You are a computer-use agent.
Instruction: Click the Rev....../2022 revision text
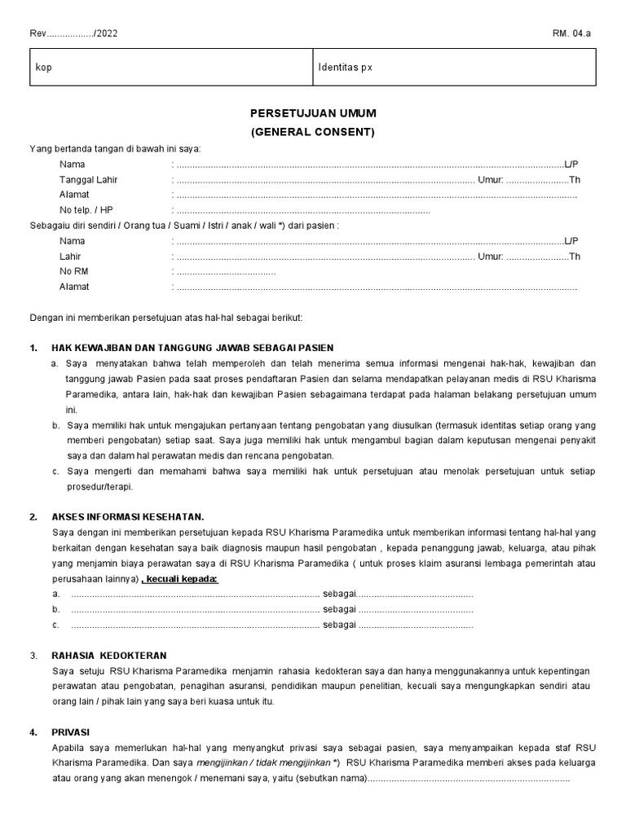tap(68, 33)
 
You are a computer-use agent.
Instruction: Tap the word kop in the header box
tap(43, 68)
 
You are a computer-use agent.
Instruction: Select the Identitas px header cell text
tap(345, 68)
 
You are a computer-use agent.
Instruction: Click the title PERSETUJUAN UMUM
tap(312, 113)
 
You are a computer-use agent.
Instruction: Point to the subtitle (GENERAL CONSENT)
tap(312, 131)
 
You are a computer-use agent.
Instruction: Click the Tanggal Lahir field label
tap(86, 180)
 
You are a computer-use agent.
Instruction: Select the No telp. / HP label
tap(86, 210)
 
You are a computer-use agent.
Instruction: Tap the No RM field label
tap(73, 271)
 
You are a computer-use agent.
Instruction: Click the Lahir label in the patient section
tap(71, 257)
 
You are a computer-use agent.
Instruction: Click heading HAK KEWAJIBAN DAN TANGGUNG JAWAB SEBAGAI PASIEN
tap(192, 348)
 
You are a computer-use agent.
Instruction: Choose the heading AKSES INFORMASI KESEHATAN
tap(127, 517)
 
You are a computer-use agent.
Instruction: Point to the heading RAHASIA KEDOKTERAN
tap(108, 656)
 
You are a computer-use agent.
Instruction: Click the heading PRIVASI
tap(70, 732)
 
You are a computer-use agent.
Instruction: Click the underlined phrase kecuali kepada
tap(180, 579)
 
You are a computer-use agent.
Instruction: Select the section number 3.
tap(33, 656)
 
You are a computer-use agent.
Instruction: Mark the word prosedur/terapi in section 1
tap(99, 487)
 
